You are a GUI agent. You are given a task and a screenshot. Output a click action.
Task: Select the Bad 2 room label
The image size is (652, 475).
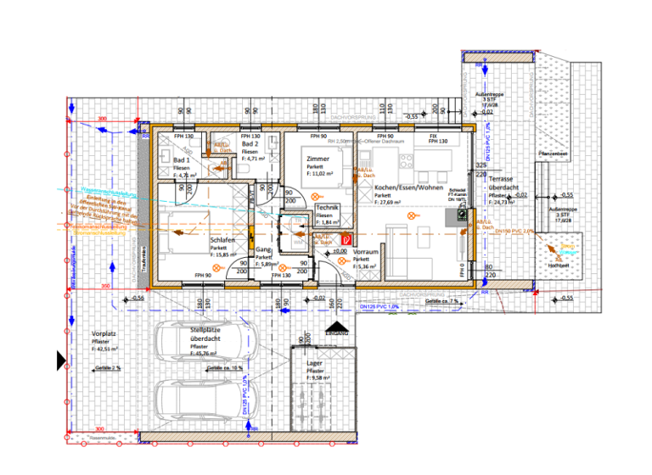click(250, 145)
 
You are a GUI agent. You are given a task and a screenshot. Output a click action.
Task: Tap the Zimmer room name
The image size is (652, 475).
click(318, 159)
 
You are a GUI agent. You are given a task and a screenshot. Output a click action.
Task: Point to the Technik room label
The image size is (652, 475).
click(328, 208)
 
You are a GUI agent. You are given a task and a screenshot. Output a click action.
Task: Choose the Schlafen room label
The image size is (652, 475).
click(222, 240)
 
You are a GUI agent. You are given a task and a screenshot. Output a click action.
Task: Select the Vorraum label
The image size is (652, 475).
click(366, 253)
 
